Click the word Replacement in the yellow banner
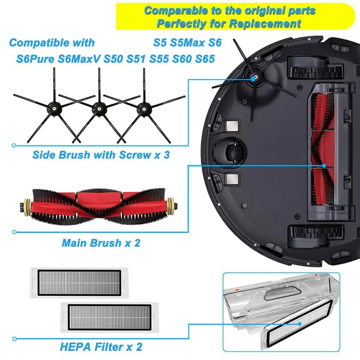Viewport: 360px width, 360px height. coord(274,23)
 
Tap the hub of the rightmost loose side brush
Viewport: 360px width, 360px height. coord(144,107)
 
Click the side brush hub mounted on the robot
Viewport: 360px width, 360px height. coord(255,77)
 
